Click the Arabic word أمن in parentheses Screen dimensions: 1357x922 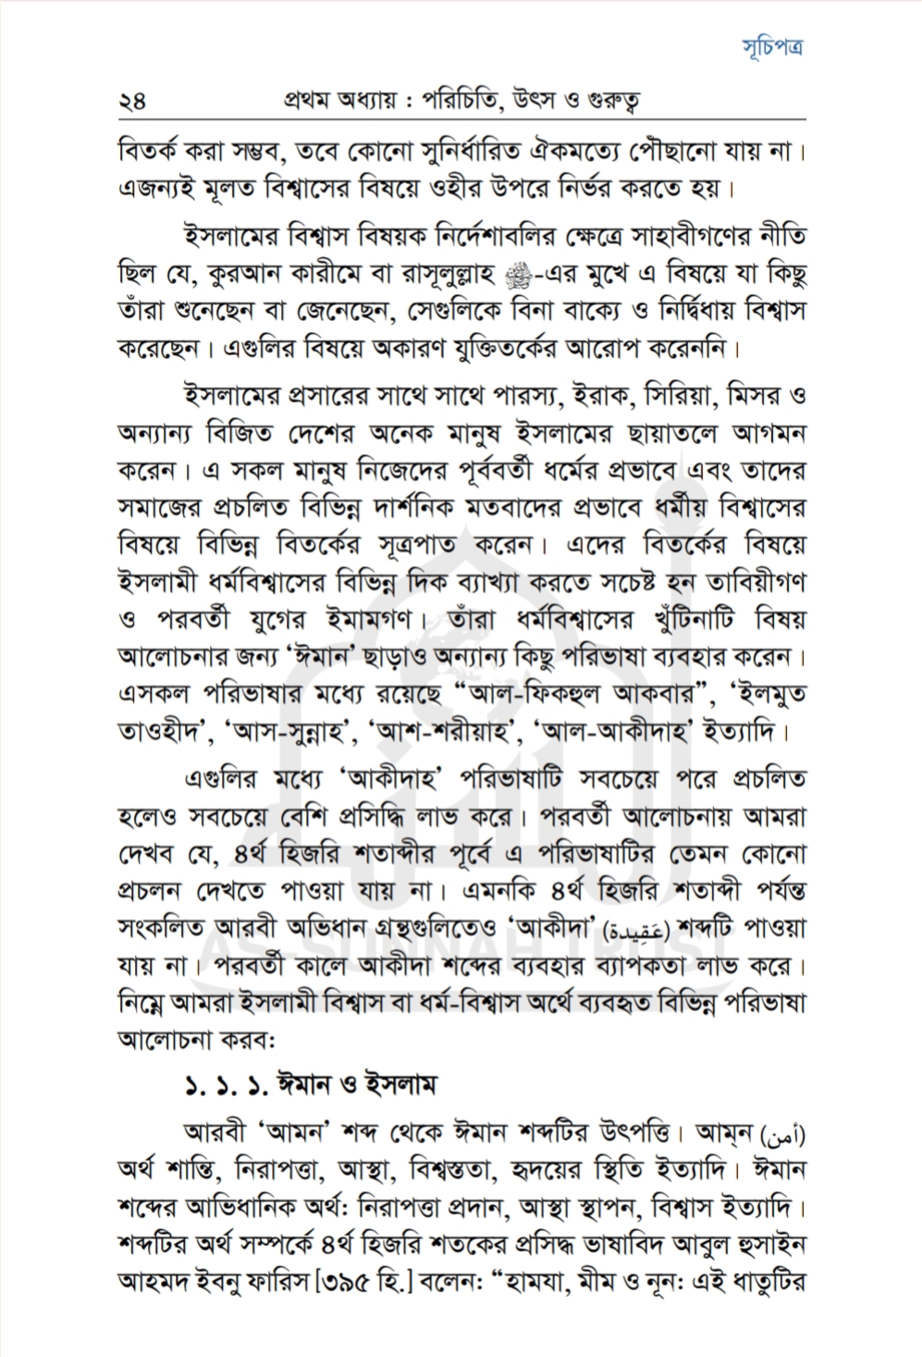tap(786, 1132)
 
